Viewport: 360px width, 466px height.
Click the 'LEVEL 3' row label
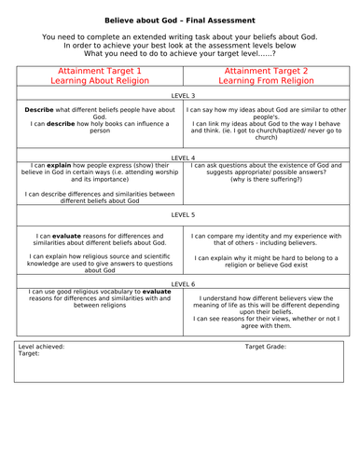coord(180,96)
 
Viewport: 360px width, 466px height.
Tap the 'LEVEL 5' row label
coord(180,216)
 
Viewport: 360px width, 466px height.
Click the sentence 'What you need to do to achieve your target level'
coord(180,52)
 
